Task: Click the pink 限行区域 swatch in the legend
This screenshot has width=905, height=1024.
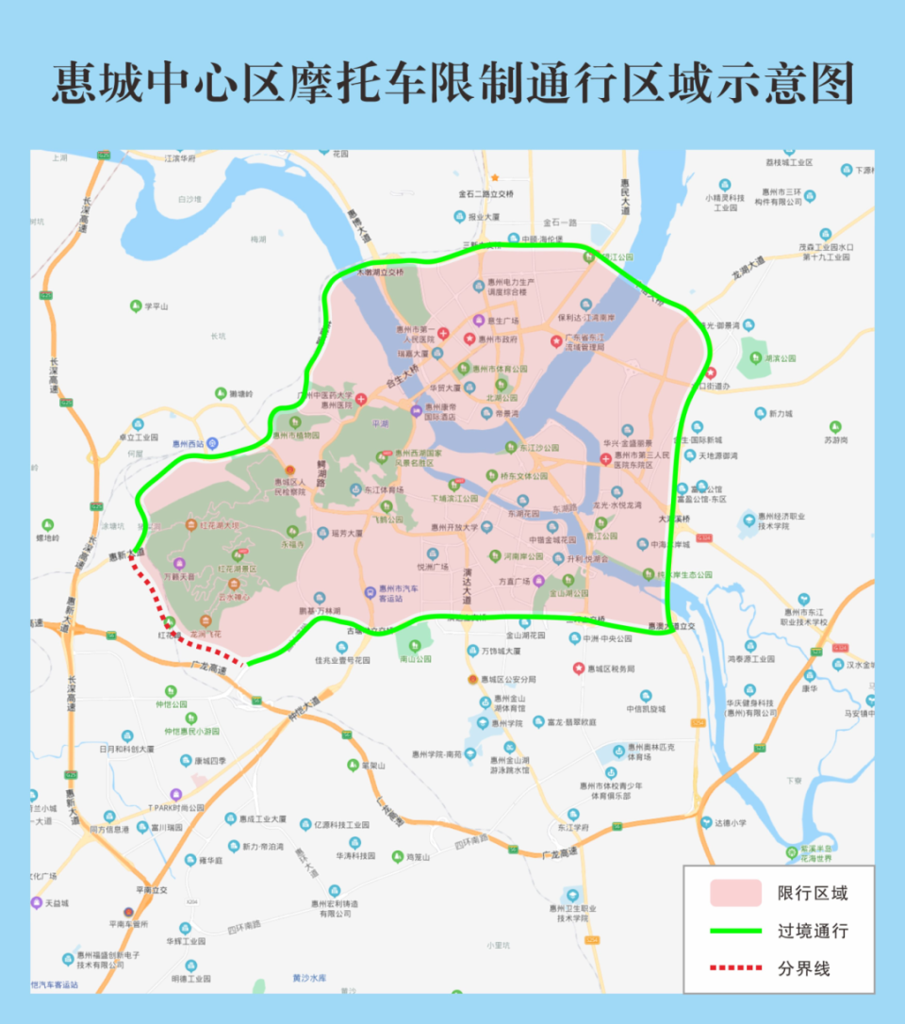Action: [x=735, y=893]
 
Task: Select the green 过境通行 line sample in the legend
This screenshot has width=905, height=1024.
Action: [x=735, y=931]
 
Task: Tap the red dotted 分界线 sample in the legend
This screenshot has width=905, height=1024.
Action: [x=735, y=968]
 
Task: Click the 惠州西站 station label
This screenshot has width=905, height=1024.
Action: [x=188, y=443]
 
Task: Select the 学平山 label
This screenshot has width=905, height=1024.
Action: [x=156, y=306]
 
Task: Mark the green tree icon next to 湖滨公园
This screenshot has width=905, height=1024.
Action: [x=753, y=358]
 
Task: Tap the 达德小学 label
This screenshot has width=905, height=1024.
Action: [x=730, y=822]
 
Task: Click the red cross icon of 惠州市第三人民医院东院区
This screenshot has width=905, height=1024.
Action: [x=605, y=459]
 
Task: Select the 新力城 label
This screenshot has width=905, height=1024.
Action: [x=780, y=413]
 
